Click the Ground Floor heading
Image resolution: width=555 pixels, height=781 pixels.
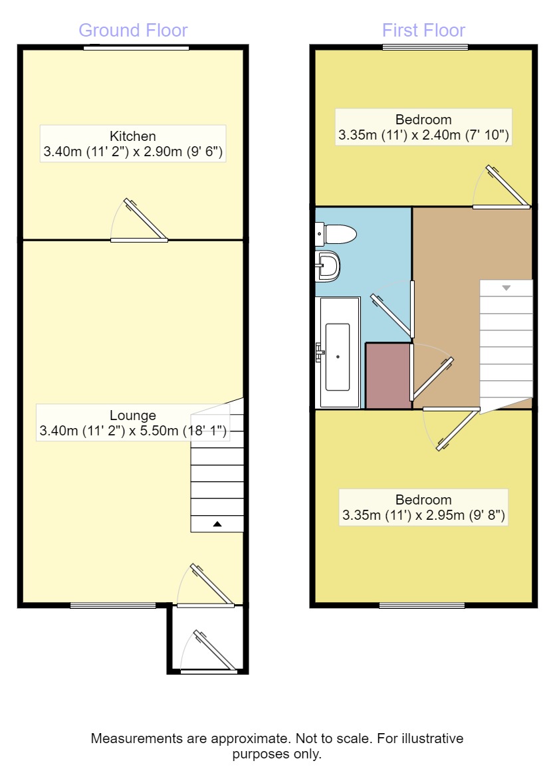[133, 31]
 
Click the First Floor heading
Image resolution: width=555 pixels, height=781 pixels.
[423, 31]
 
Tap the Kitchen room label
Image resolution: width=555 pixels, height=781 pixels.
[133, 136]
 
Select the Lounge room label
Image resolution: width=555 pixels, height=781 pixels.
[133, 416]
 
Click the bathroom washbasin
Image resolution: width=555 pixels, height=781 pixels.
[328, 266]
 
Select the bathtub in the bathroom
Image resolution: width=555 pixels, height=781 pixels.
[338, 356]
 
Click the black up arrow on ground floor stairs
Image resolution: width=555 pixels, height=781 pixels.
[217, 524]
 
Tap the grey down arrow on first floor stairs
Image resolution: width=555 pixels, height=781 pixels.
[506, 288]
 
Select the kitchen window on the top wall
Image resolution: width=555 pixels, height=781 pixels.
[136, 47]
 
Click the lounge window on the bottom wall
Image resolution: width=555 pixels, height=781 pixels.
[113, 605]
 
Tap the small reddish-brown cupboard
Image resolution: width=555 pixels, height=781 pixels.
[388, 376]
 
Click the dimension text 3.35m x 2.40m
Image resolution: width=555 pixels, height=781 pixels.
[423, 136]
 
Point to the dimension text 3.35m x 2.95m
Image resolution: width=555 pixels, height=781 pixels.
[423, 515]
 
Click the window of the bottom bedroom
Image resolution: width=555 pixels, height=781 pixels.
[422, 605]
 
